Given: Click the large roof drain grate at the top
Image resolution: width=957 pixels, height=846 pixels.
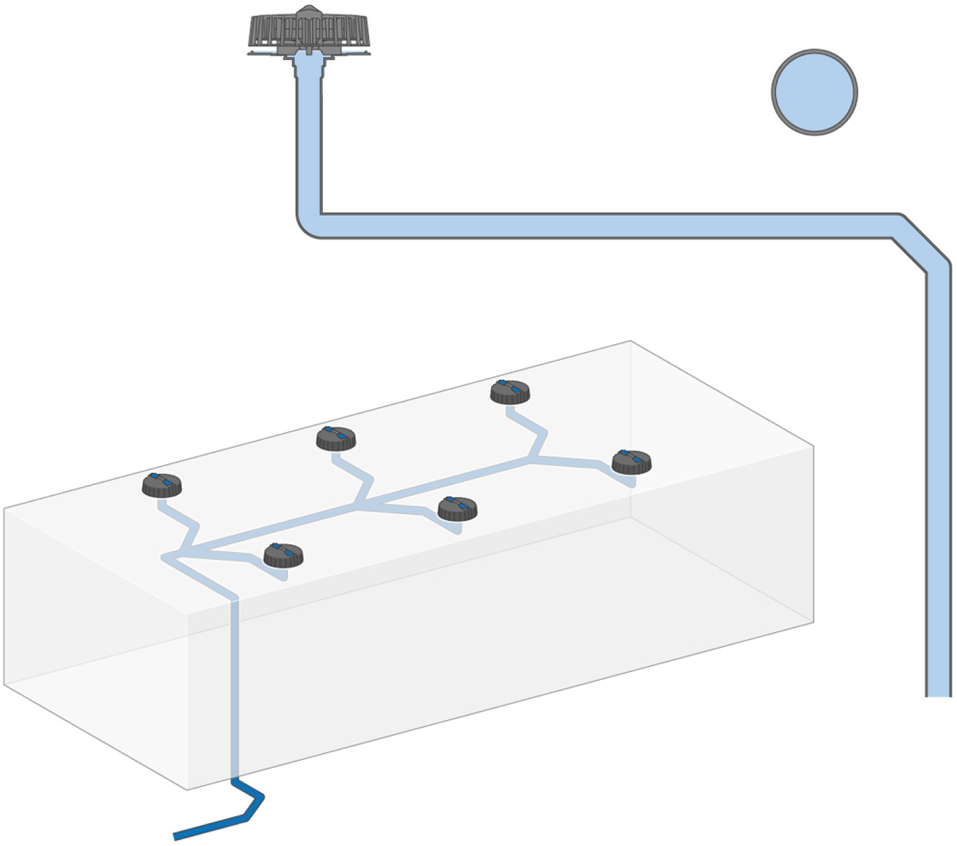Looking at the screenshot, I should coord(309,30).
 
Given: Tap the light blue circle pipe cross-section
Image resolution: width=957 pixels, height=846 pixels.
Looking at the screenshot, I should coord(814,92).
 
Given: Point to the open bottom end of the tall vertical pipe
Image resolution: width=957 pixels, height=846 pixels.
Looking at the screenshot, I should coord(938,693).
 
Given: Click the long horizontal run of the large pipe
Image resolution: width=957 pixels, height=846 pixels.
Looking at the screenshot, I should coord(598,225).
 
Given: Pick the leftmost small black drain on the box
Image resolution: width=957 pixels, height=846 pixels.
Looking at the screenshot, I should coord(162,485).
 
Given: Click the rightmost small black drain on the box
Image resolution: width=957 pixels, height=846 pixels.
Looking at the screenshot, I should coord(632,462).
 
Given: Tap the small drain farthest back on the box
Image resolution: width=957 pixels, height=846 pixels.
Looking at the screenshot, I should coord(510,391).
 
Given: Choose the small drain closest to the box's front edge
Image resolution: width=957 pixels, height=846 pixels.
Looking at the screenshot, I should coord(283,555).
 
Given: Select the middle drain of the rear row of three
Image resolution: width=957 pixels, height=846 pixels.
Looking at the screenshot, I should coord(336,439).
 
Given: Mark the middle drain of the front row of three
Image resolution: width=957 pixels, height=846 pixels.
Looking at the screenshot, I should coord(457,508).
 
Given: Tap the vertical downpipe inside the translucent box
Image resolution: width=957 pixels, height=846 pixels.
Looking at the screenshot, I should coord(235,687).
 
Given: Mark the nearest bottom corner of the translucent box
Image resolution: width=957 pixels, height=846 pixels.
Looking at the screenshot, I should coord(187,789).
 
